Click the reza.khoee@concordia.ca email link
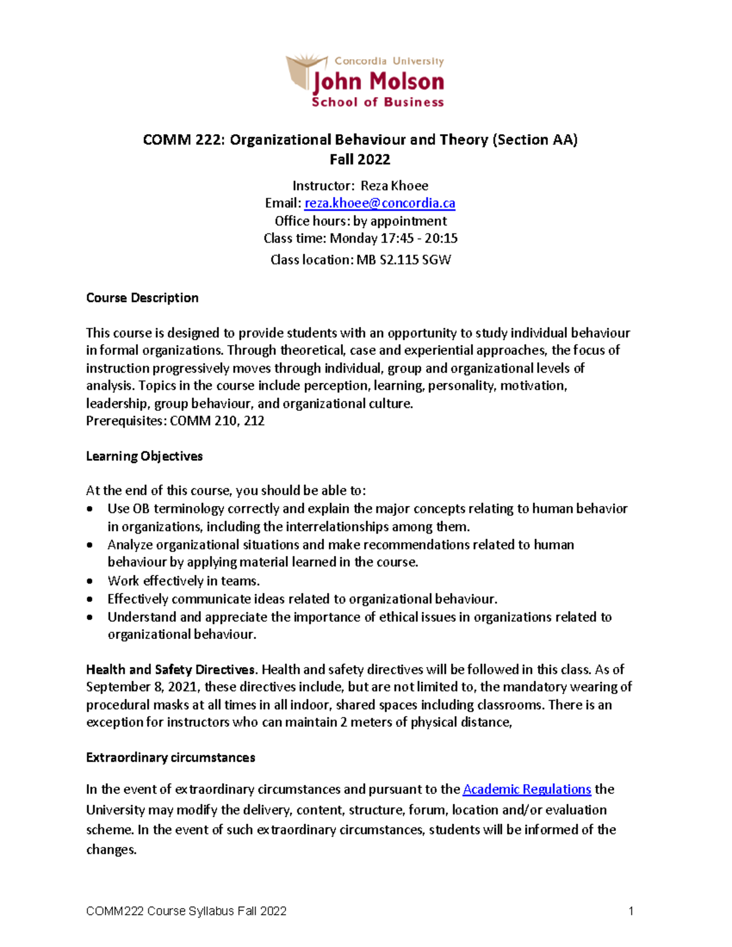coord(379,203)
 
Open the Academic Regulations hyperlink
coord(526,789)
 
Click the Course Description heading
coord(142,298)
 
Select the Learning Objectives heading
coord(144,456)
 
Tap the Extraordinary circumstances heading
coord(170,757)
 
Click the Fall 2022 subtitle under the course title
coord(360,159)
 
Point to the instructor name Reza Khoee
coord(394,185)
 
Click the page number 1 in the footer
coord(631,911)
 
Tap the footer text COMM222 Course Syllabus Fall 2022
coord(186,911)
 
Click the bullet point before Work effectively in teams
coord(90,581)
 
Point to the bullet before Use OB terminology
coord(90,509)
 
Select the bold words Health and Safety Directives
coord(172,670)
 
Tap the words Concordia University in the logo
coord(389,61)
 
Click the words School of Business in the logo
coord(378,102)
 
